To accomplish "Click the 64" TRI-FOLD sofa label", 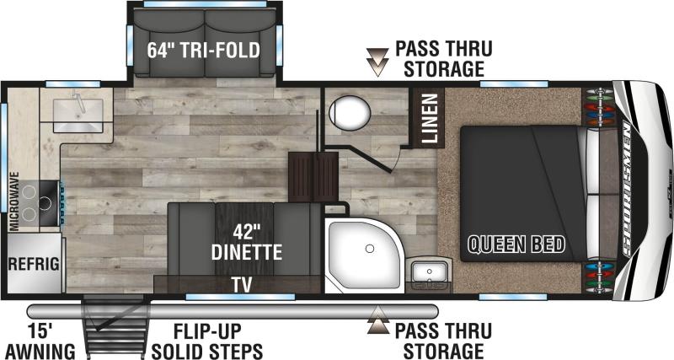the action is point(203,50).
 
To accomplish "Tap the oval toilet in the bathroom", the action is point(350,113).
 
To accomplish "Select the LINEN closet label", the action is point(430,118).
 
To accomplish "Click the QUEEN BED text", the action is point(516,244).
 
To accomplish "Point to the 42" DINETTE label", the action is point(247,242).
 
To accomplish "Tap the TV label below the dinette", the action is point(242,284).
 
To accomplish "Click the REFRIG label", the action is point(34,263).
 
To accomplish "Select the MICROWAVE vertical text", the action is point(14,201).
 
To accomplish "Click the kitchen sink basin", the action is point(78,116).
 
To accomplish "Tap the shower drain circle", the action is point(370,249).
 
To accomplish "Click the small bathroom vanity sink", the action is point(429,271).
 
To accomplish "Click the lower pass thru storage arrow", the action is point(377,320).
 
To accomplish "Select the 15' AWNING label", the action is point(40,341).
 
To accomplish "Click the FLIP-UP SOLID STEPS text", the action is point(207,341).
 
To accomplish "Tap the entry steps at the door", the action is point(116,327).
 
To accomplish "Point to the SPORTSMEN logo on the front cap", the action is point(627,188).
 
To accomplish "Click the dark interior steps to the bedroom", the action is point(313,176).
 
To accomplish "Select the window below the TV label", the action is point(241,297).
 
